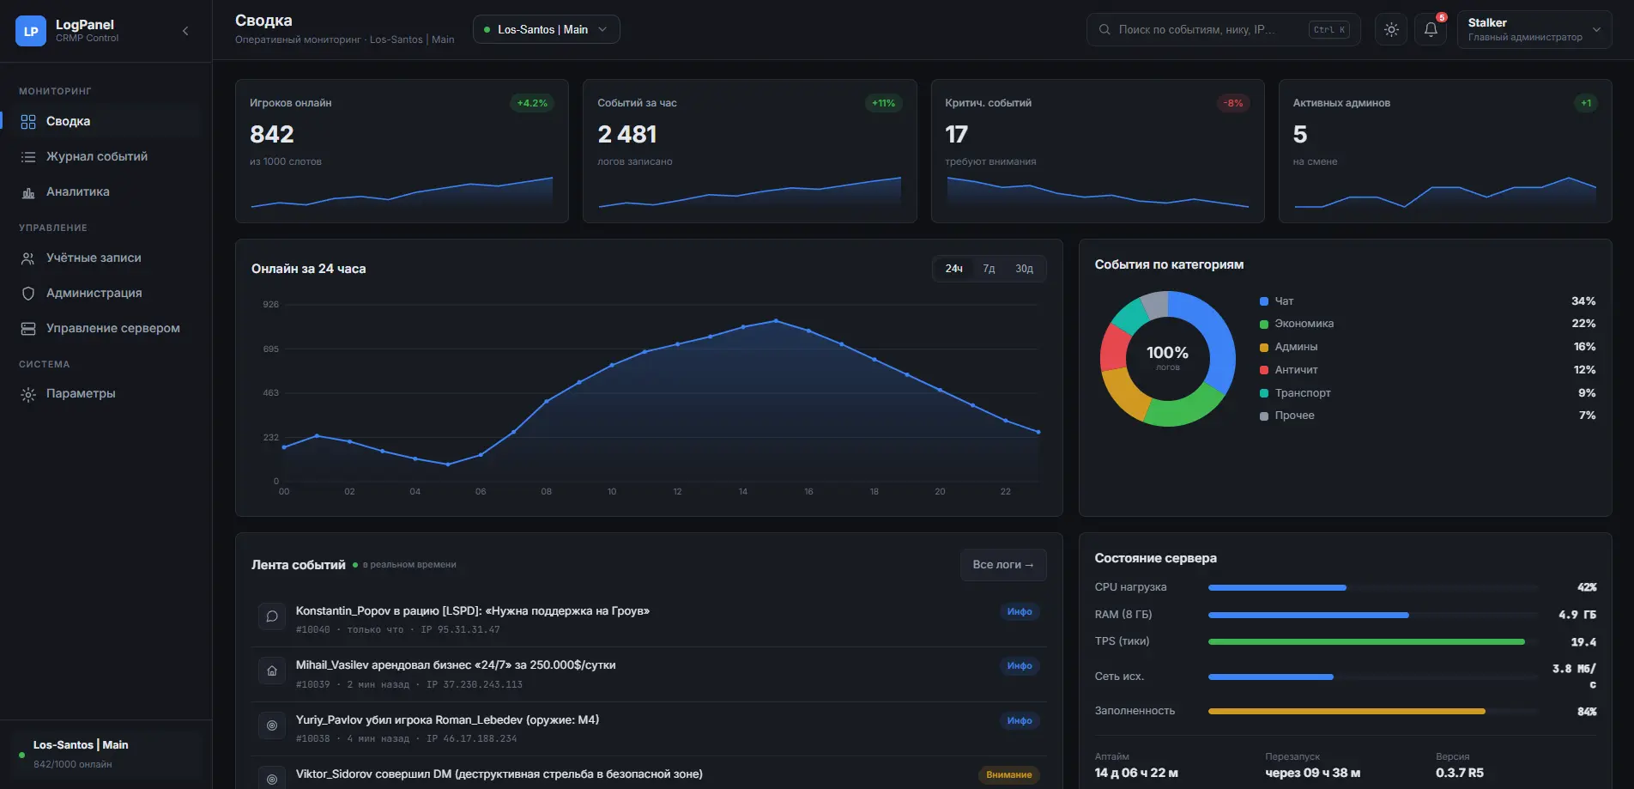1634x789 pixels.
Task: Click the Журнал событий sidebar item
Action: pyautogui.click(x=97, y=156)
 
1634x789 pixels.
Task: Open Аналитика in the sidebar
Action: pyautogui.click(x=78, y=191)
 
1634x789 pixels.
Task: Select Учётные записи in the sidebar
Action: pyautogui.click(x=94, y=258)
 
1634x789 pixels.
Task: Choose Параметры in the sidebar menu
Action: pyautogui.click(x=81, y=393)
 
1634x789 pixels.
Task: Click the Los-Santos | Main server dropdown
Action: pyautogui.click(x=546, y=29)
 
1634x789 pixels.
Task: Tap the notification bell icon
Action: pyautogui.click(x=1431, y=29)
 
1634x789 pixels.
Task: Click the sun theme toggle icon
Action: pyautogui.click(x=1391, y=29)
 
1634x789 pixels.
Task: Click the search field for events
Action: pyautogui.click(x=1223, y=29)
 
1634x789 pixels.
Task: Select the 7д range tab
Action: pyautogui.click(x=989, y=269)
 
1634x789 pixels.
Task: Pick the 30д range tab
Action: pyautogui.click(x=1024, y=269)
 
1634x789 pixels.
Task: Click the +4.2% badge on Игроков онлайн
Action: pyautogui.click(x=532, y=103)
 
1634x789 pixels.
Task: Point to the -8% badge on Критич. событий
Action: pyautogui.click(x=1233, y=103)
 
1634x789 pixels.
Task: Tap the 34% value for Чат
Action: pyautogui.click(x=1583, y=301)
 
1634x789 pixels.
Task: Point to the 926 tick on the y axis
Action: pyautogui.click(x=271, y=305)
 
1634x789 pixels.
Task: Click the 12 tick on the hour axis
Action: pyautogui.click(x=677, y=492)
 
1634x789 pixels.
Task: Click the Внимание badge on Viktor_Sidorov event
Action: pyautogui.click(x=1009, y=774)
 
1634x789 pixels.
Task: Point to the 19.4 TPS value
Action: pyautogui.click(x=1583, y=642)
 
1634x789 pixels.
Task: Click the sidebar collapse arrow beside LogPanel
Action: pyautogui.click(x=185, y=31)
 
